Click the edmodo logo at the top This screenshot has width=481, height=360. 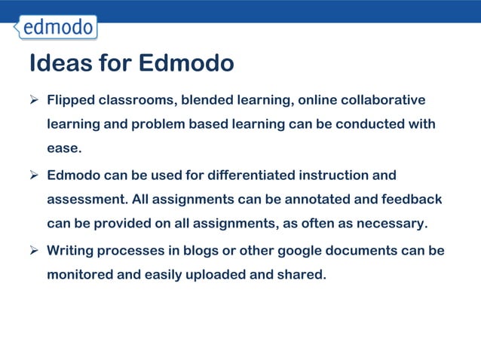[x=57, y=28]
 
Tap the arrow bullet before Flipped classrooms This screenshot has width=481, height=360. [x=34, y=100]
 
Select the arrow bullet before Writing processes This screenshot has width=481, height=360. [x=34, y=250]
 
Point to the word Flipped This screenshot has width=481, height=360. [x=70, y=100]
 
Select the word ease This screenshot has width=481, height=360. [x=63, y=148]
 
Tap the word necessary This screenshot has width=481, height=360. [x=394, y=224]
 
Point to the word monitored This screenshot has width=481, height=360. [x=80, y=274]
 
